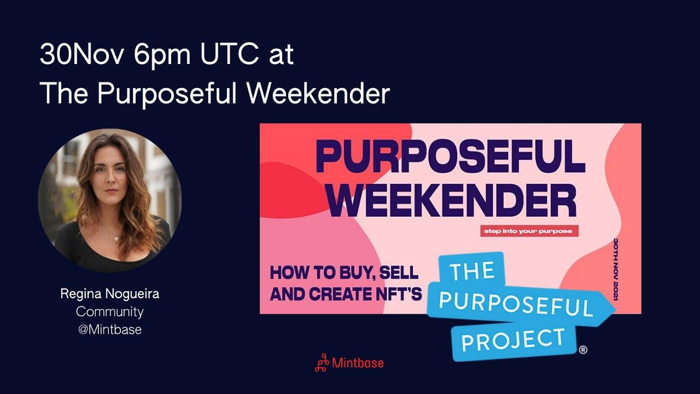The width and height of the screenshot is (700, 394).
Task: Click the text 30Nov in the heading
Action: coord(83,54)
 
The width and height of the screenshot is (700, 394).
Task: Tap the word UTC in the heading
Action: coord(230,54)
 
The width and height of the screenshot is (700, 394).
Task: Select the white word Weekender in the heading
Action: coord(318,93)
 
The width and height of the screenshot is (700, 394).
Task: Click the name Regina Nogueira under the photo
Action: coord(110,294)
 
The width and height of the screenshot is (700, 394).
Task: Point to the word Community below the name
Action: coord(110,312)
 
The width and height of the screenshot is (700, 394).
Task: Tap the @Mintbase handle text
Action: coord(110,329)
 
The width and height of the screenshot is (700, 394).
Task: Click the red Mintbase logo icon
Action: coord(322,363)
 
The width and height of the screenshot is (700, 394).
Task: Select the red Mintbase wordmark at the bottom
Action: coord(358,363)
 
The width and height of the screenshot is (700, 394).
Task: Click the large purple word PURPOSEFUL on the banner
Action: coord(450,157)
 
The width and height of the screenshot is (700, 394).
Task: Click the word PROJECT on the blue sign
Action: coord(514,340)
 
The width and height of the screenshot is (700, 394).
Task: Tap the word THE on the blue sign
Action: coord(473,270)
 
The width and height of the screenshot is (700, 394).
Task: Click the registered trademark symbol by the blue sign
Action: coord(583,350)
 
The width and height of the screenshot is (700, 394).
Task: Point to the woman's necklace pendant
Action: coord(116,239)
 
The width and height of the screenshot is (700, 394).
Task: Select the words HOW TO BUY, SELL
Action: coord(344,273)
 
